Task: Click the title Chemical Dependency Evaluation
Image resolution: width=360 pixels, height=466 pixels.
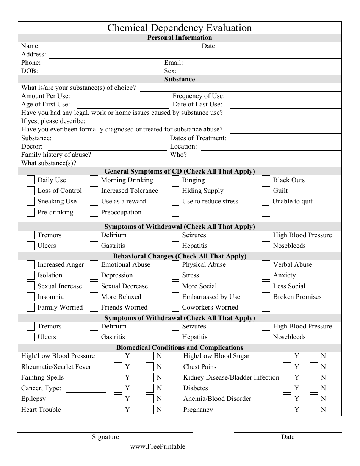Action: pos(180,28)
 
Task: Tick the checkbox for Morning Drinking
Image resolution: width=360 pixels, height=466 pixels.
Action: pos(94,180)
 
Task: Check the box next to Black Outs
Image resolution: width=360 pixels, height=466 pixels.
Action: pos(266,180)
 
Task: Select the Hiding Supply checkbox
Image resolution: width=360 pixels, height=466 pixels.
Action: pos(175,191)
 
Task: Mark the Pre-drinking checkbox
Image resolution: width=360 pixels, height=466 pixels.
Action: pos(30,212)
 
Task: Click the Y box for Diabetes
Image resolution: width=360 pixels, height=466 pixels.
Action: pos(287,388)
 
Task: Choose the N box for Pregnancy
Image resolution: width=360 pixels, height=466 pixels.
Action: pos(313,410)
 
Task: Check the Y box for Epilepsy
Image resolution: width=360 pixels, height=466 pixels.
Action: pos(118,399)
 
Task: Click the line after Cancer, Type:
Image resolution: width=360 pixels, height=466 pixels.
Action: pos(86,391)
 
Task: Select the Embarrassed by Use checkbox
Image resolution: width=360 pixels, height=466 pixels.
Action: pos(175,297)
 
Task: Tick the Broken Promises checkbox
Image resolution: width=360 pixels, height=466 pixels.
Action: pos(266,297)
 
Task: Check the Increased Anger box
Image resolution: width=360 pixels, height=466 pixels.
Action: pos(30,264)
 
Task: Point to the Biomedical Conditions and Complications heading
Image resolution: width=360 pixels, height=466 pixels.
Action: pos(180,347)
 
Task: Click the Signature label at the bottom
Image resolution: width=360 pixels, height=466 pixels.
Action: pos(105,437)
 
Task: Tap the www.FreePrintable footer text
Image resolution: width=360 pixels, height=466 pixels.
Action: pos(158,446)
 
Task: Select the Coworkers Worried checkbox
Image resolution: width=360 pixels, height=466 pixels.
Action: pos(175,307)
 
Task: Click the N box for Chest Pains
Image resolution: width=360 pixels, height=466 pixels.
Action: pos(313,367)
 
